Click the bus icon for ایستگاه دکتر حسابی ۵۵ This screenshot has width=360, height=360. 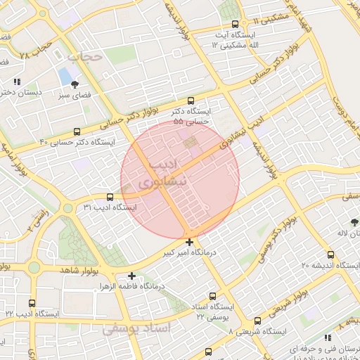[191, 101]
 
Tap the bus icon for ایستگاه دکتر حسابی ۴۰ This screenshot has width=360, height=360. [77, 131]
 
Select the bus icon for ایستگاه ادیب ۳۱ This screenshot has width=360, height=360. [110, 197]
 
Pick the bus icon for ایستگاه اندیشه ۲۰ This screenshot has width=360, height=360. [330, 255]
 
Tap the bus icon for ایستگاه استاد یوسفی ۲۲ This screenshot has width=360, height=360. [214, 296]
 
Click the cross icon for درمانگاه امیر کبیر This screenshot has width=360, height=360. [189, 242]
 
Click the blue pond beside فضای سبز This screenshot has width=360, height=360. [65, 75]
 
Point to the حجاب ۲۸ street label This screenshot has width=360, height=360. [37, 49]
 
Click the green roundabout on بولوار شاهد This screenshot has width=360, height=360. [34, 267]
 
